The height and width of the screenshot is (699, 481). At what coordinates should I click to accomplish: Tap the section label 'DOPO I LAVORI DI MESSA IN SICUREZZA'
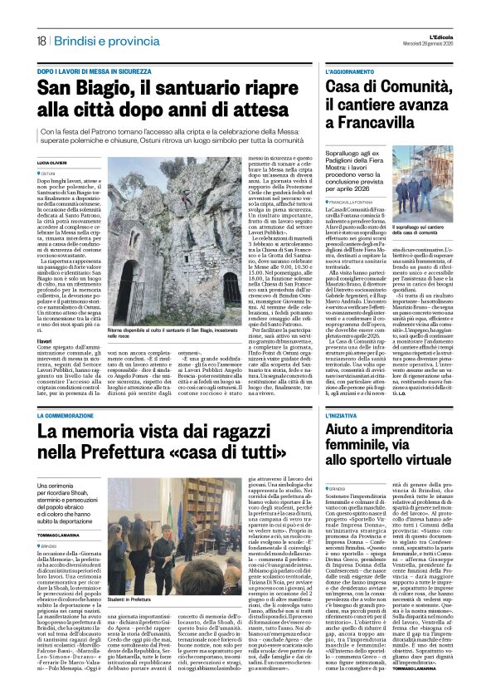click(94, 72)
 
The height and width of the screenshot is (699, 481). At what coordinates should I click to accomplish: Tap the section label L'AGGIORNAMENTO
click(349, 72)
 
